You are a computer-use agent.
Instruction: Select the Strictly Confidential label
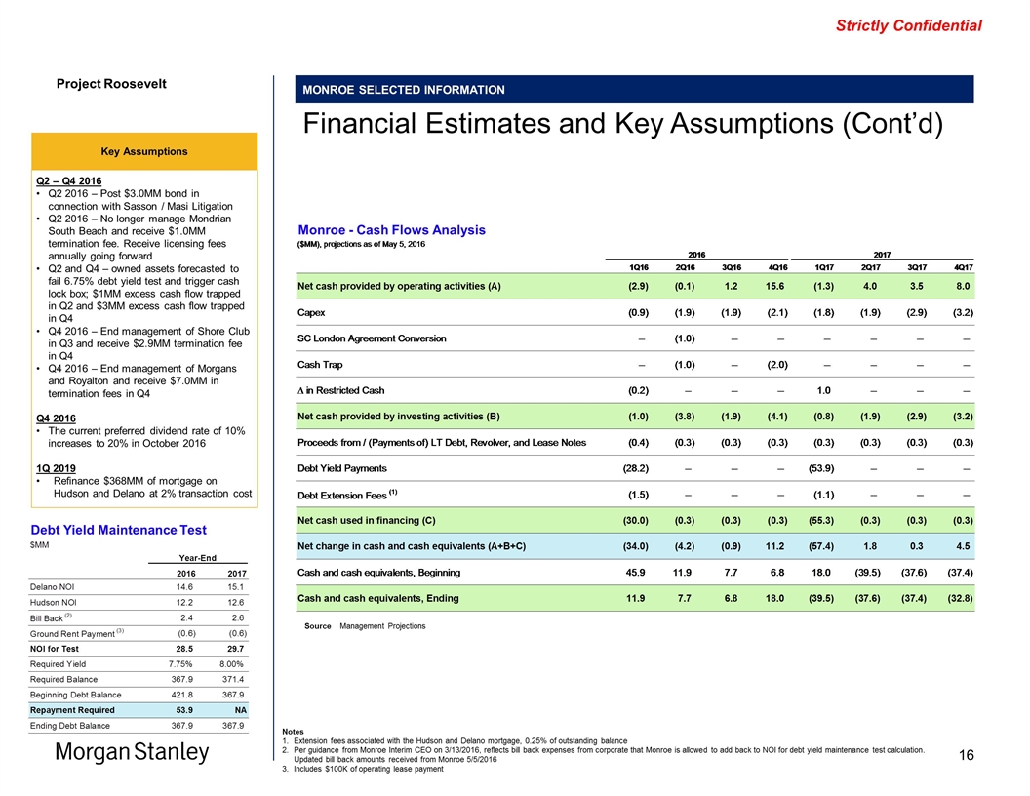pos(908,26)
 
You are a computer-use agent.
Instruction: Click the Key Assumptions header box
pos(145,151)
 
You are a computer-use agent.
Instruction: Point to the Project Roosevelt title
pos(110,84)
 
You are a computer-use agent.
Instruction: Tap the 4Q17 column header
pos(963,267)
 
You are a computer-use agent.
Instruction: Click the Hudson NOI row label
pos(59,603)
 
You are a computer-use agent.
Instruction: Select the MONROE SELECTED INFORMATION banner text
pos(404,90)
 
